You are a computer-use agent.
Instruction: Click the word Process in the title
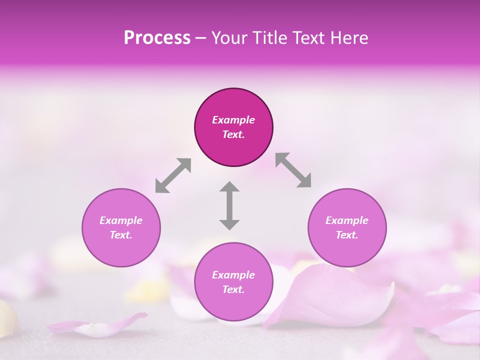point(157,38)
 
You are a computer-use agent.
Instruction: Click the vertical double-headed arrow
point(229,205)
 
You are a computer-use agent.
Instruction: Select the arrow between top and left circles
point(173,175)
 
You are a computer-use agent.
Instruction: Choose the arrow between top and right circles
point(293,170)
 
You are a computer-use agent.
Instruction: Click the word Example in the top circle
point(233,120)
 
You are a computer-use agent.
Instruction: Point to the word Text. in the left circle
point(121,235)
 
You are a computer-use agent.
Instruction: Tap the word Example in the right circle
point(347,220)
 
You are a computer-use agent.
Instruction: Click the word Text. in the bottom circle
point(233,289)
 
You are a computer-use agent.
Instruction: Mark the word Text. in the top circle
point(233,134)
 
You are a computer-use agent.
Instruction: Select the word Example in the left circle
point(121,220)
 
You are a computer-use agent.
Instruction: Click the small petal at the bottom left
point(100,325)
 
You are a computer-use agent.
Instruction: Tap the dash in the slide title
point(201,38)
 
